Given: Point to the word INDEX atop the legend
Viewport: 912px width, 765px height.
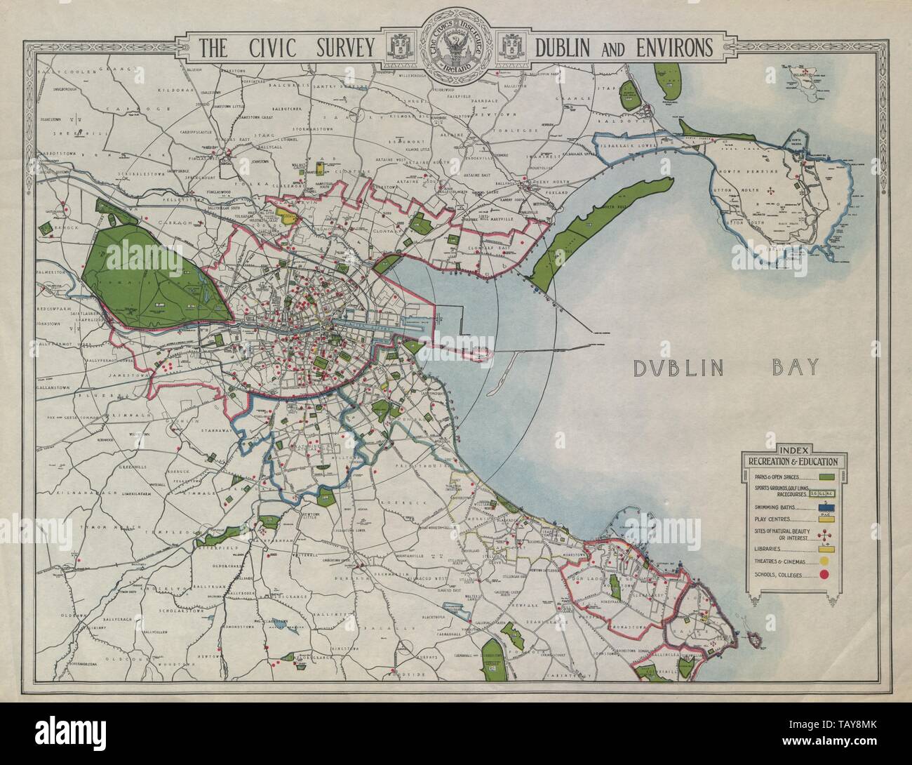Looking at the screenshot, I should click(x=793, y=450).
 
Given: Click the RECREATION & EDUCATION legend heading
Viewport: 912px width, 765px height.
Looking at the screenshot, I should click(x=793, y=461).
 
